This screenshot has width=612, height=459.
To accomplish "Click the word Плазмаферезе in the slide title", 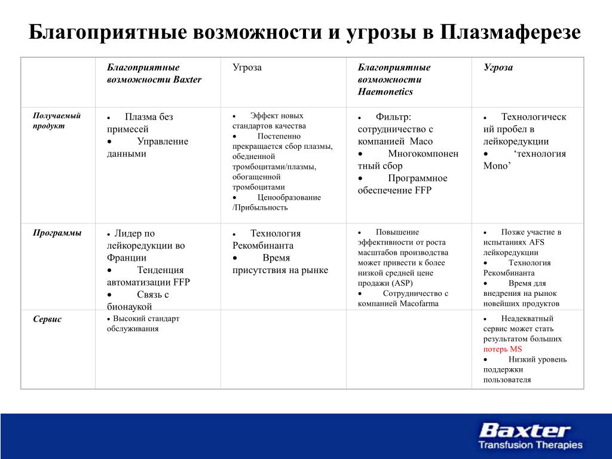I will [510, 32].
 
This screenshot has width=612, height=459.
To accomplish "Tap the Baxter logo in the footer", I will [525, 430].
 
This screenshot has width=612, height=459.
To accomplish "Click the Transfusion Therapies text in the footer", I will [530, 445].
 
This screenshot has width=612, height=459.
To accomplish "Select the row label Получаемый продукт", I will [56, 121].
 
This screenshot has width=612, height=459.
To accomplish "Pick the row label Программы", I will [57, 233].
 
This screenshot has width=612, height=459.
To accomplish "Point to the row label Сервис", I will [47, 319].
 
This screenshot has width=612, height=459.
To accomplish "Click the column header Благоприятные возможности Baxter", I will [154, 74].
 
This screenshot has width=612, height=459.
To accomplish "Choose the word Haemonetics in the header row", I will [385, 91].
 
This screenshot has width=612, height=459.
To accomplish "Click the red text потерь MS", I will [503, 349].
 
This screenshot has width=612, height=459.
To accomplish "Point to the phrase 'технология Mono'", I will [524, 160].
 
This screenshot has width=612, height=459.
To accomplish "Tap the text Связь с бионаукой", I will [139, 300].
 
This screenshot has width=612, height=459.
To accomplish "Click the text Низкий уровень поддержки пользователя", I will [525, 369].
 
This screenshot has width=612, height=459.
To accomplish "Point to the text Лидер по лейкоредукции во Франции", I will [146, 246].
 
